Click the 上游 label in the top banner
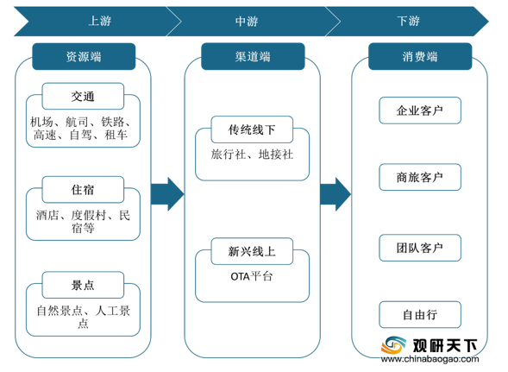tap(100, 21)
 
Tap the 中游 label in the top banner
tap(247, 22)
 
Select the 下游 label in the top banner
tap(408, 21)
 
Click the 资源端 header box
tap(84, 56)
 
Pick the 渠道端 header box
tap(253, 56)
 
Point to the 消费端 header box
tap(420, 56)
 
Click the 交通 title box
tap(83, 96)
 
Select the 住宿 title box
tap(83, 189)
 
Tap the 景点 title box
tap(83, 285)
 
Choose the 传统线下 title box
tap(252, 129)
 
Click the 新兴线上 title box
tap(252, 251)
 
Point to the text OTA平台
tap(252, 277)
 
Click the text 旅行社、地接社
tap(252, 154)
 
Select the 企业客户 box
tap(420, 110)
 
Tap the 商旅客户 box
tap(420, 177)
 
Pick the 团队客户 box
tap(420, 248)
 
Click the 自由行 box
tap(420, 314)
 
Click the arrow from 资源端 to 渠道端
tap(167, 194)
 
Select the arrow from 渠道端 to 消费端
tap(336, 194)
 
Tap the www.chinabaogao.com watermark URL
tap(430, 359)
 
